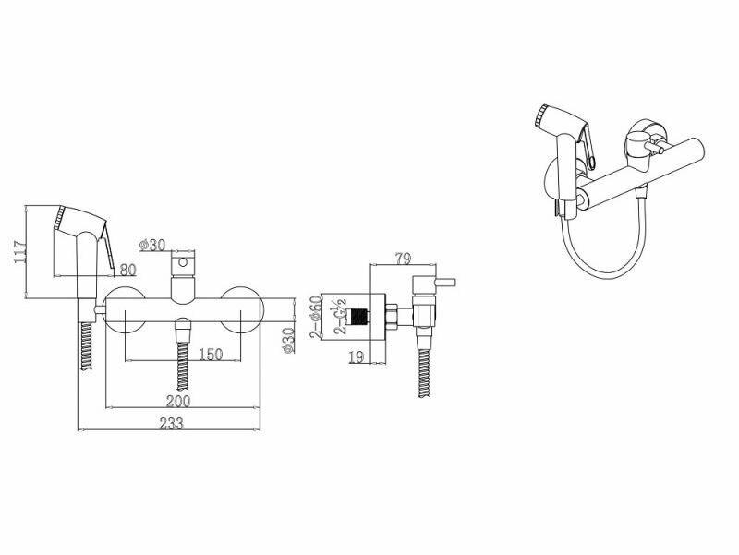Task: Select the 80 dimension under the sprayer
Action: coord(127,270)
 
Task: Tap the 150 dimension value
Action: coord(211,355)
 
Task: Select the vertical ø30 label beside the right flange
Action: coord(288,339)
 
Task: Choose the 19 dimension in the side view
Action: coord(357,356)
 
